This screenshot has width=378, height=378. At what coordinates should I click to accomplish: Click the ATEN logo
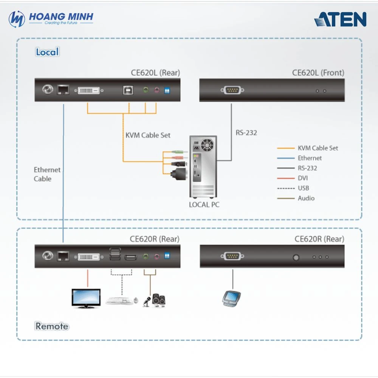click(340, 19)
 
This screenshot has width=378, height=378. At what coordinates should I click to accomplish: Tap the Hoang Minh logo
click(51, 19)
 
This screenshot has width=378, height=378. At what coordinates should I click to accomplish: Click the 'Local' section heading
click(47, 52)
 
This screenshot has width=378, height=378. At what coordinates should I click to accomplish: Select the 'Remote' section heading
click(52, 326)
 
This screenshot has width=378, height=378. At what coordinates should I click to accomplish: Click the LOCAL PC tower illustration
click(203, 166)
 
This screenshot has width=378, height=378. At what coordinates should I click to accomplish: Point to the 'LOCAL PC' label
click(204, 205)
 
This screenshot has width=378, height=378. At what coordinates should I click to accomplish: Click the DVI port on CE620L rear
click(89, 90)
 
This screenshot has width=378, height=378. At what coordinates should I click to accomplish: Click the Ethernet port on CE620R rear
click(63, 256)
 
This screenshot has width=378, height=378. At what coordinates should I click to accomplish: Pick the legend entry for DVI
click(303, 178)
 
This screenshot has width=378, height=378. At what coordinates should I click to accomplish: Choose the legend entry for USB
click(303, 188)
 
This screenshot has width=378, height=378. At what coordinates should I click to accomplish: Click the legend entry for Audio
click(306, 198)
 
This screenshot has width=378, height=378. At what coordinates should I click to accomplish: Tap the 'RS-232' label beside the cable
click(246, 133)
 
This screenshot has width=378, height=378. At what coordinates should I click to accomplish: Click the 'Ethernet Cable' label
click(47, 174)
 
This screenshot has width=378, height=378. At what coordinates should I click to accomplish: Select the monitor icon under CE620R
click(86, 298)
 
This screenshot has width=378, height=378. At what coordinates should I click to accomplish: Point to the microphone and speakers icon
click(154, 300)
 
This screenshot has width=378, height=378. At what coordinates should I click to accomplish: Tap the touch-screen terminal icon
click(231, 297)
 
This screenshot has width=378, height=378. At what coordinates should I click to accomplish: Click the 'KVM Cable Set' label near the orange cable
click(148, 135)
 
